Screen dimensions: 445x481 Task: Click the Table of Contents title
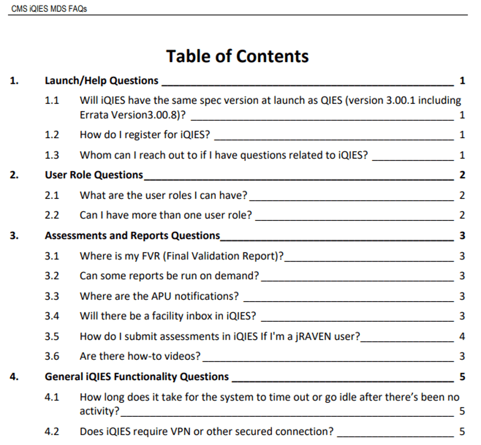click(237, 56)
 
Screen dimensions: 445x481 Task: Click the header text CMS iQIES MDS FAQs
click(49, 9)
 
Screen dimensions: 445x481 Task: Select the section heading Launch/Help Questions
click(101, 81)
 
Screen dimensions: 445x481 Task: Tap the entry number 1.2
click(51, 135)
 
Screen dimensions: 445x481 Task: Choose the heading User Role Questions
click(94, 175)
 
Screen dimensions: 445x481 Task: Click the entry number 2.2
click(51, 215)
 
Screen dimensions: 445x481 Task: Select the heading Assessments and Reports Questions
click(133, 236)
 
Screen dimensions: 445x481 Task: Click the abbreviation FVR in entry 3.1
click(151, 256)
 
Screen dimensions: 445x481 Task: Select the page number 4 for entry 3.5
click(462, 337)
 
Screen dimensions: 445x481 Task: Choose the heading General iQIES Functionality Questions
click(137, 377)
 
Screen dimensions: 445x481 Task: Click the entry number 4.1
click(51, 397)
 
